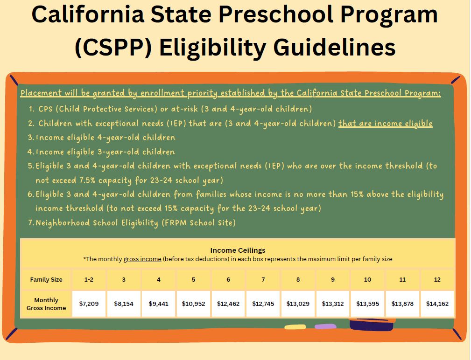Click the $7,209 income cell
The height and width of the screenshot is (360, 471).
pos(89,304)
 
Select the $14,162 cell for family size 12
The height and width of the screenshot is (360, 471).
pos(437,304)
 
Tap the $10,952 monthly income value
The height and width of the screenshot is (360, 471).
pos(193,304)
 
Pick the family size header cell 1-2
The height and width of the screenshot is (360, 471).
pos(89,279)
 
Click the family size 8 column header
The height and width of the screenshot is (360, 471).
pos(298,279)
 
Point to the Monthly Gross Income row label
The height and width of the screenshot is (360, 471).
pos(46,304)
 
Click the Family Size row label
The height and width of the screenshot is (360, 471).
pos(46,279)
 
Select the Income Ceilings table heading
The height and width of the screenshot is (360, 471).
pos(238,250)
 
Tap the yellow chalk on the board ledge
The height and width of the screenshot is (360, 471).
pos(295,327)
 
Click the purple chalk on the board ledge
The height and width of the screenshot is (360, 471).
pos(325,326)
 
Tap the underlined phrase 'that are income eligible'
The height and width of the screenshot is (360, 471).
pos(385,124)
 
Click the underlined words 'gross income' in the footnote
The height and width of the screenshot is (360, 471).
pos(142,259)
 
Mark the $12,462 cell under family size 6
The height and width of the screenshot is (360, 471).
pos(228,304)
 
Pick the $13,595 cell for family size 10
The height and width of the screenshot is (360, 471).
pos(367,304)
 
